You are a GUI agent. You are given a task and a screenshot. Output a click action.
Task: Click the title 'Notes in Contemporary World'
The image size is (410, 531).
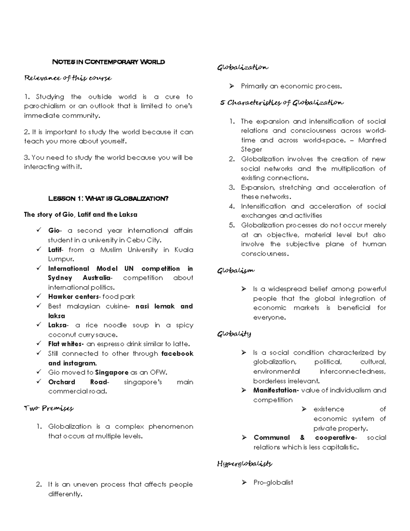(108, 62)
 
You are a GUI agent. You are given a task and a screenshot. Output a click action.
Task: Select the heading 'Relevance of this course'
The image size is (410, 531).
(68, 78)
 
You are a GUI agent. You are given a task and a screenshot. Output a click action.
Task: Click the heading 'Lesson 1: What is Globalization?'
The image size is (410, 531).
(108, 199)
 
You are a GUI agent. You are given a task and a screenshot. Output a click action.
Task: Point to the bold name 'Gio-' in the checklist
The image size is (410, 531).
(55, 231)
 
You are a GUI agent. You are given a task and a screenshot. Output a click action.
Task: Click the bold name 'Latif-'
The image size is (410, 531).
(56, 250)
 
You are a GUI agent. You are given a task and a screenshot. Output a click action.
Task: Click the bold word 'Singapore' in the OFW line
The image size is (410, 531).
(112, 372)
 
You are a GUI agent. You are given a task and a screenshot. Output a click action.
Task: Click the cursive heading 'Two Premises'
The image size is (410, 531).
(49, 408)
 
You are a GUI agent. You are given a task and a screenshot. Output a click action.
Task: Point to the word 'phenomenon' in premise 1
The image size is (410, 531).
(171, 427)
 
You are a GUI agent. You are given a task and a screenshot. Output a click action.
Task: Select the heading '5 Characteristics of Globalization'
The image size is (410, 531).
(282, 103)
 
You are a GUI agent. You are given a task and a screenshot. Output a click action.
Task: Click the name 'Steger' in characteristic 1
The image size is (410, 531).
(251, 149)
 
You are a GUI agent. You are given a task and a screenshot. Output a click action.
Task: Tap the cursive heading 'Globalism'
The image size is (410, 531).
(236, 271)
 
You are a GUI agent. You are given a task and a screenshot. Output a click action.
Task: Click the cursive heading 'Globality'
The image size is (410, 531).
(234, 334)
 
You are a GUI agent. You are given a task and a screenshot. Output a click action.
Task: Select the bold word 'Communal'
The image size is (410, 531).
(272, 438)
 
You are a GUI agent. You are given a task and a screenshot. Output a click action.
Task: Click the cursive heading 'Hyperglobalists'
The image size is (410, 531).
(245, 464)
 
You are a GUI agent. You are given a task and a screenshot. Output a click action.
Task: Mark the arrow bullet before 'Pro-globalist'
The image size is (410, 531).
(244, 482)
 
